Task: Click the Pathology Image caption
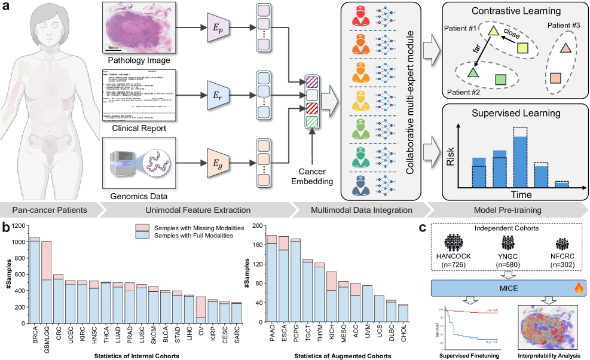point(138,60)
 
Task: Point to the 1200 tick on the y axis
point(20,225)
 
